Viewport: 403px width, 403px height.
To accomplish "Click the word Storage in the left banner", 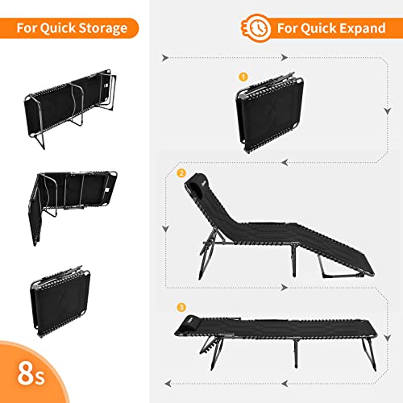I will click(100, 29).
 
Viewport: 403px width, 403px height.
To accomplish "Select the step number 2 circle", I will click(181, 173).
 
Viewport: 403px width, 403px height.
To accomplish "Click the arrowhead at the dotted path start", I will click(164, 58).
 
